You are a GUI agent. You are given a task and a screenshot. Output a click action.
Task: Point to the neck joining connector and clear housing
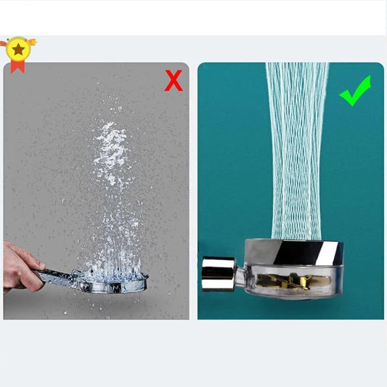[x=240, y=272]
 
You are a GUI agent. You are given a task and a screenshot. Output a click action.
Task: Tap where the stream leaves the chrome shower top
[x=294, y=238]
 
